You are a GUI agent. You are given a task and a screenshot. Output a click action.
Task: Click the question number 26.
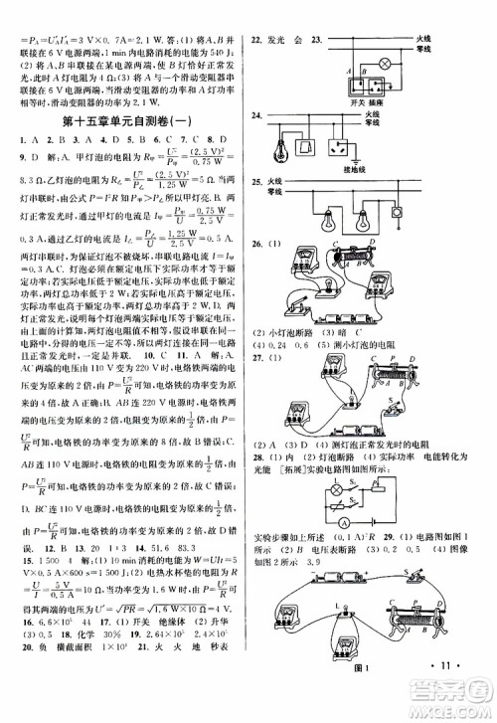(257, 246)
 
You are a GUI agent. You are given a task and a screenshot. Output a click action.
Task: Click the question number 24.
(257, 116)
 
